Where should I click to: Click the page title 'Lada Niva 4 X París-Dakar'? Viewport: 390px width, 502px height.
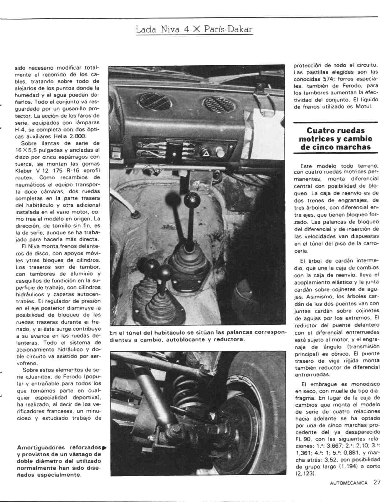(194, 30)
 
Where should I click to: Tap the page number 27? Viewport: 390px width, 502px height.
(377, 482)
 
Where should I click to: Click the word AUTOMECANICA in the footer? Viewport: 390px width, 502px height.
(349, 483)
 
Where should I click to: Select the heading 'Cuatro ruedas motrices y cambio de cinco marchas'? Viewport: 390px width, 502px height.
(335, 139)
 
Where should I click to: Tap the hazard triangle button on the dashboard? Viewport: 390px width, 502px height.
(206, 152)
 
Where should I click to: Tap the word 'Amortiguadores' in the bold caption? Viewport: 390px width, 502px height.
(41, 448)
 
